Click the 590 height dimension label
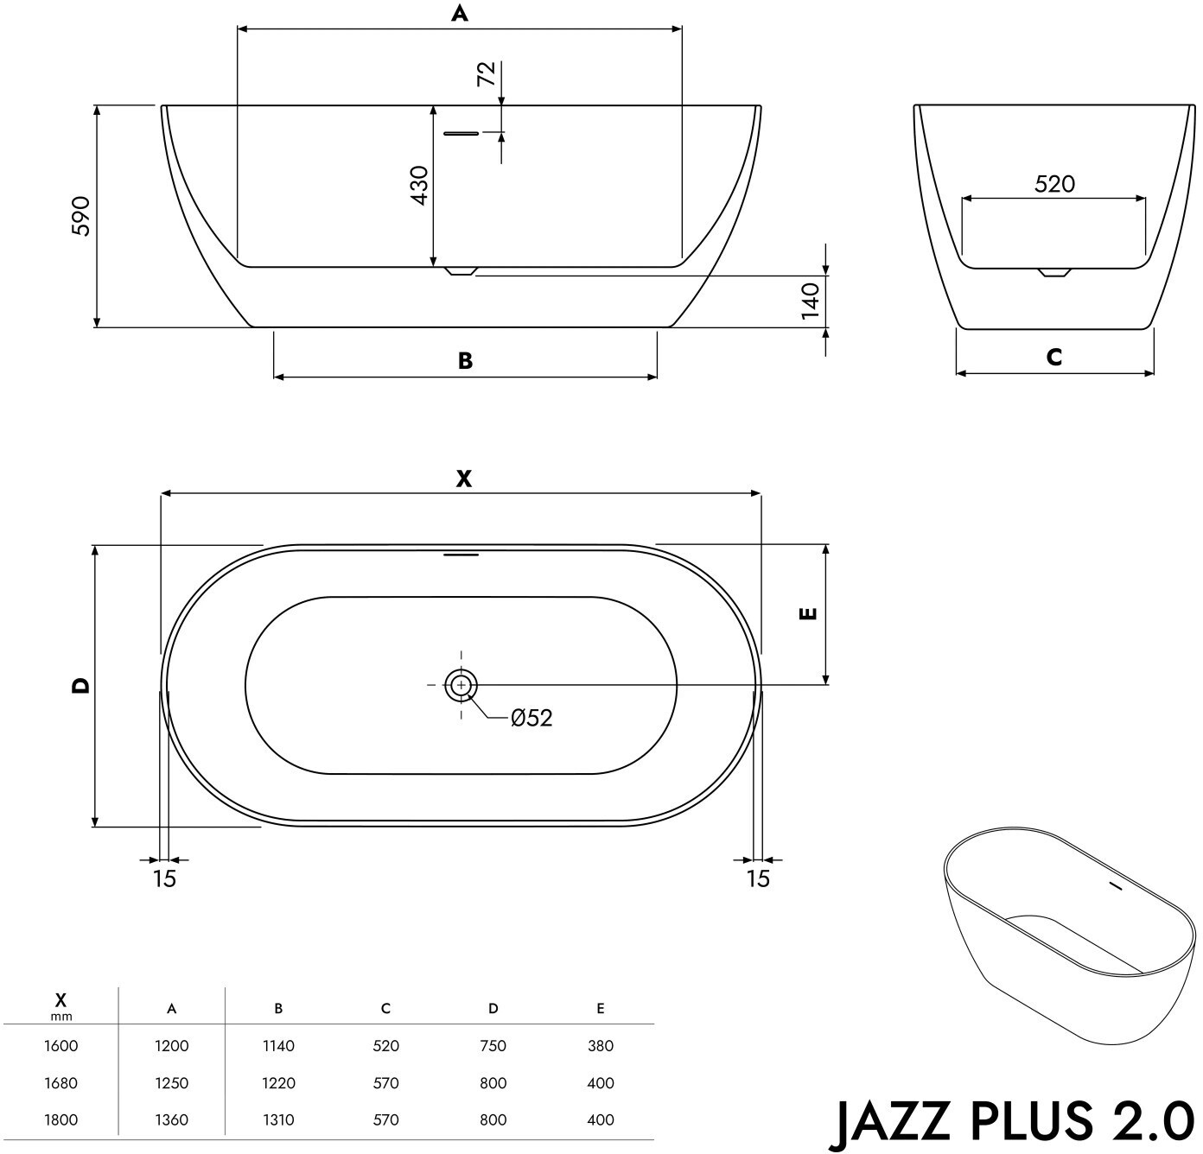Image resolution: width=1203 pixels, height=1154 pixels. coord(81,216)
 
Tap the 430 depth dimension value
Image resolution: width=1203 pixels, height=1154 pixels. coord(419,186)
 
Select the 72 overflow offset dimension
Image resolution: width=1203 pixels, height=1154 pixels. coord(487,73)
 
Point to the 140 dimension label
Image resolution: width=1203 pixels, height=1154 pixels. coord(810,301)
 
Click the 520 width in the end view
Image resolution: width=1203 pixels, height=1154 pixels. coord(1054,183)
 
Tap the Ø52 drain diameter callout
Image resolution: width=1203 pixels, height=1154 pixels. coord(531,718)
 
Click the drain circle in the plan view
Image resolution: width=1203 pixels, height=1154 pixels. coord(461,684)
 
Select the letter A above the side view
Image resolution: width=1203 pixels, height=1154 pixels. coord(459,13)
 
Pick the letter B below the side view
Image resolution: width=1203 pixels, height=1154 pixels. coord(466,361)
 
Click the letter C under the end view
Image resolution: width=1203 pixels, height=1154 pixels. coord(1054,357)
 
